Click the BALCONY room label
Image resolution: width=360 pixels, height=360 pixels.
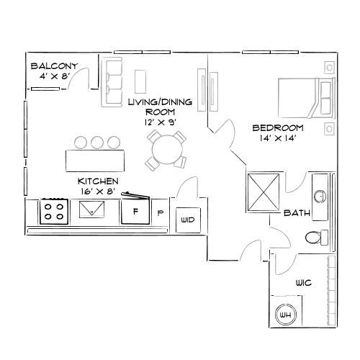pyautogui.click(x=54, y=66)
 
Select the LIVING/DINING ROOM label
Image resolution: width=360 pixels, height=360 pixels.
pyautogui.click(x=160, y=102)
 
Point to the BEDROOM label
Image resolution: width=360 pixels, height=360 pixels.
pyautogui.click(x=277, y=127)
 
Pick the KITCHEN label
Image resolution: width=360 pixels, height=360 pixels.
pyautogui.click(x=98, y=181)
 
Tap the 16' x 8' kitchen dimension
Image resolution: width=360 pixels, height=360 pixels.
pyautogui.click(x=98, y=192)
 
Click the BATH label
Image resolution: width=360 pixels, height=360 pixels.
pyautogui.click(x=297, y=213)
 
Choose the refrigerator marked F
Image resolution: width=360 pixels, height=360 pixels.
pyautogui.click(x=135, y=212)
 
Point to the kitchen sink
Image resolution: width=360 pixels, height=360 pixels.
pyautogui.click(x=91, y=210)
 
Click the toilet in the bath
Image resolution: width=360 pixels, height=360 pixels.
pyautogui.click(x=315, y=237)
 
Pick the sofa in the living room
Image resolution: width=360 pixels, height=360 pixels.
pyautogui.click(x=112, y=81)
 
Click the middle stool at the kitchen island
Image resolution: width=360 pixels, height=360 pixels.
pyautogui.click(x=97, y=141)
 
